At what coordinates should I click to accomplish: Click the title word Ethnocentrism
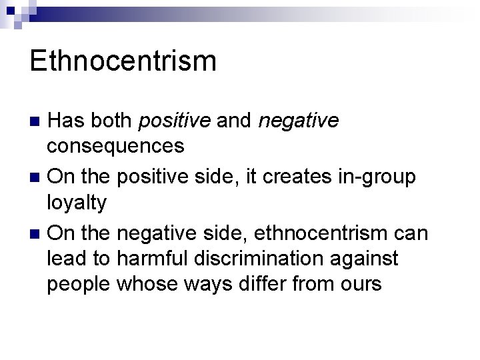[123, 61]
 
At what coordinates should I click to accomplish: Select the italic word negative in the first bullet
[298, 121]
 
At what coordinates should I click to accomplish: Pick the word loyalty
[77, 203]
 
